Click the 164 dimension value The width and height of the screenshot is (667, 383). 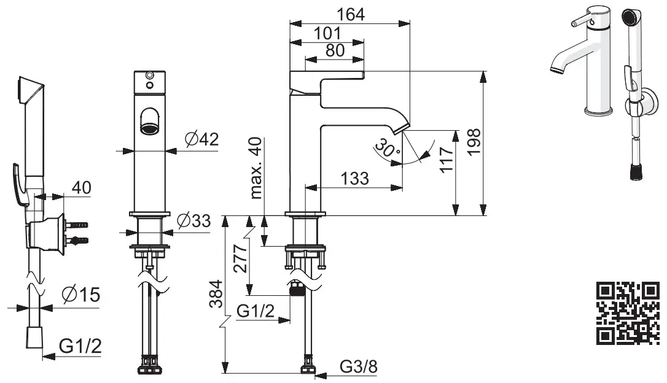(x=350, y=14)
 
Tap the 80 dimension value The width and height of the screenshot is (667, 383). (x=335, y=51)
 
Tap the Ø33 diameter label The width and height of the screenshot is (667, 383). (x=193, y=222)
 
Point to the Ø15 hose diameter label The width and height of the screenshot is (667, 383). (x=80, y=295)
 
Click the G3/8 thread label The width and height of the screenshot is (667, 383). (x=358, y=366)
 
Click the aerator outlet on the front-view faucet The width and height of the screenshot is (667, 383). (x=149, y=128)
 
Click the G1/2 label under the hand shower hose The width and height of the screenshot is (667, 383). (x=80, y=347)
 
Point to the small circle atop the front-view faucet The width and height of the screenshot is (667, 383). (x=148, y=76)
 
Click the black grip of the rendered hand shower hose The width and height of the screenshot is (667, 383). (x=637, y=172)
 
